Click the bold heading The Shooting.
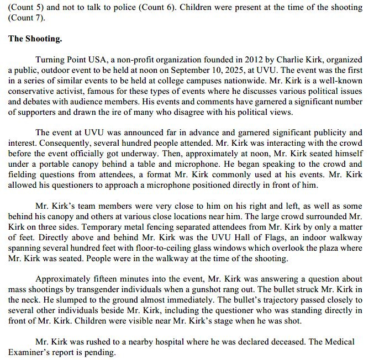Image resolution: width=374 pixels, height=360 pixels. [x=35, y=39]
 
